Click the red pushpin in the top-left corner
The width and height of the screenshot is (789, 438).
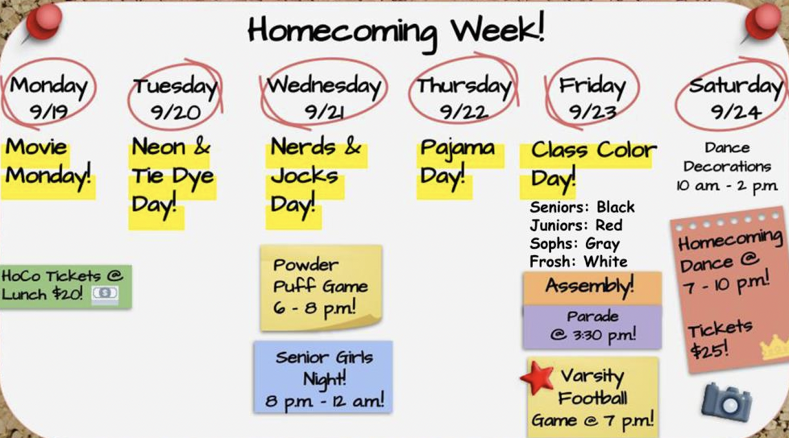click(x=43, y=23)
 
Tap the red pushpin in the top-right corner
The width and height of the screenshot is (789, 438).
click(x=762, y=23)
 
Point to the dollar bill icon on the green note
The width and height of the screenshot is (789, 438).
click(x=105, y=293)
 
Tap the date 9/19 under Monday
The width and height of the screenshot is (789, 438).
click(x=49, y=112)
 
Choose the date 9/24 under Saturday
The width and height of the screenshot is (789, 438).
click(x=736, y=112)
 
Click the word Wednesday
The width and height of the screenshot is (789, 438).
click(x=324, y=86)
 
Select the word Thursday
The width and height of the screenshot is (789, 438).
click(x=464, y=86)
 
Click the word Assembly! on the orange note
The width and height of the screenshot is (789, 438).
click(x=590, y=286)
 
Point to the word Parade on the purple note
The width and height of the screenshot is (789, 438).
click(x=592, y=317)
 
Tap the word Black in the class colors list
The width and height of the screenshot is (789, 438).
click(x=615, y=207)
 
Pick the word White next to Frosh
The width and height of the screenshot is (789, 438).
click(x=606, y=262)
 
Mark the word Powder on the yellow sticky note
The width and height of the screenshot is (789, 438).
click(x=306, y=265)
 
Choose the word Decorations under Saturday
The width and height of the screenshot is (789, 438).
click(x=727, y=167)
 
